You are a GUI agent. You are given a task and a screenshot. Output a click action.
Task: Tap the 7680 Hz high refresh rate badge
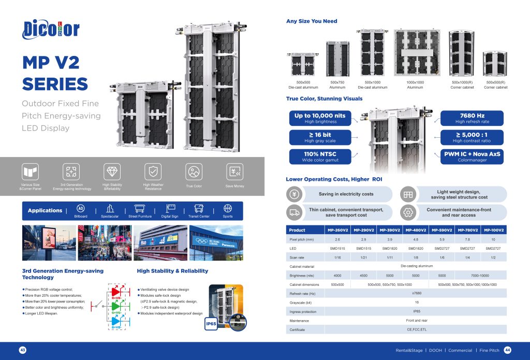coord(471,118)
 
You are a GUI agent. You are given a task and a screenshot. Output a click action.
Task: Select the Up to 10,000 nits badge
coord(319,118)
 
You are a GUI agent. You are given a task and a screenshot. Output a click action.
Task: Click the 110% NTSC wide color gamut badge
coord(319,156)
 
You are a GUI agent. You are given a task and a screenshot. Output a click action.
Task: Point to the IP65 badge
coord(211,324)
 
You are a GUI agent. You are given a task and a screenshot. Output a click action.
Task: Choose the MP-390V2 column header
coord(390,230)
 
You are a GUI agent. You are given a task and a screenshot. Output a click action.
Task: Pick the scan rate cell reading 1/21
coord(364,257)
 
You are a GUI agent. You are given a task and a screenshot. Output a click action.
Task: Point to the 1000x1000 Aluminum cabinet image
coord(416,52)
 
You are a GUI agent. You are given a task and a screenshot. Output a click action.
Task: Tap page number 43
coord(23,350)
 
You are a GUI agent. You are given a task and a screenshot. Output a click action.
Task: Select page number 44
coord(507,350)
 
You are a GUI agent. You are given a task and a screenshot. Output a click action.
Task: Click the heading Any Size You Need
coord(312,21)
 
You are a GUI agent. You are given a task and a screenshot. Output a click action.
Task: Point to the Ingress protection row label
coord(302,311)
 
